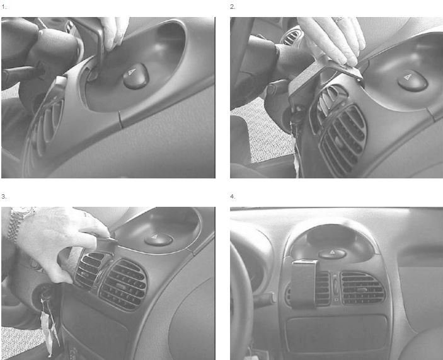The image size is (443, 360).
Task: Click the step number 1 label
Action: pyautogui.click(x=4, y=7)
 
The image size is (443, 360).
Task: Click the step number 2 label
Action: pyautogui.click(x=233, y=7)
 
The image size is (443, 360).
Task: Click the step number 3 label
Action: pyautogui.click(x=4, y=196)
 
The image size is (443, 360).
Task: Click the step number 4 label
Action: pyautogui.click(x=233, y=196)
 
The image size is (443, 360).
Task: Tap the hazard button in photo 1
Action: pyautogui.click(x=135, y=75)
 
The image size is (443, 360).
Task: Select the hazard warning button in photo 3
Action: pyautogui.click(x=158, y=239)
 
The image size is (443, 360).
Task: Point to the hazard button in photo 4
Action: pyautogui.click(x=332, y=253)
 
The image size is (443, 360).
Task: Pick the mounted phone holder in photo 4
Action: pyautogui.click(x=304, y=284)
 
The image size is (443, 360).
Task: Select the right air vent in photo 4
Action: pyautogui.click(x=363, y=288)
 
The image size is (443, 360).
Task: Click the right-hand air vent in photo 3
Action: pyautogui.click(x=123, y=285)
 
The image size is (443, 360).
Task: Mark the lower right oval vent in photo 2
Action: pyautogui.click(x=343, y=141)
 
